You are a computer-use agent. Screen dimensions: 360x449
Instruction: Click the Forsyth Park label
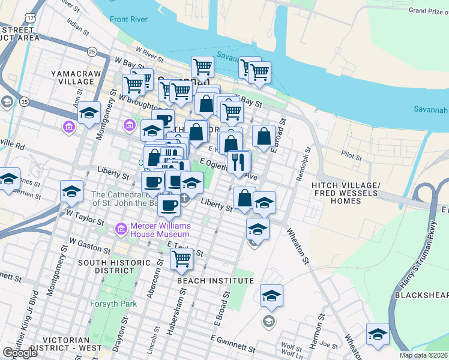click(114, 304)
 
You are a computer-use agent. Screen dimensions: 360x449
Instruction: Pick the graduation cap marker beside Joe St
click(378, 334)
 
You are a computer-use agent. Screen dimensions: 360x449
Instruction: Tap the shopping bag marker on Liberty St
click(244, 197)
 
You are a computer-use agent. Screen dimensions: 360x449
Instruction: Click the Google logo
click(19, 353)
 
